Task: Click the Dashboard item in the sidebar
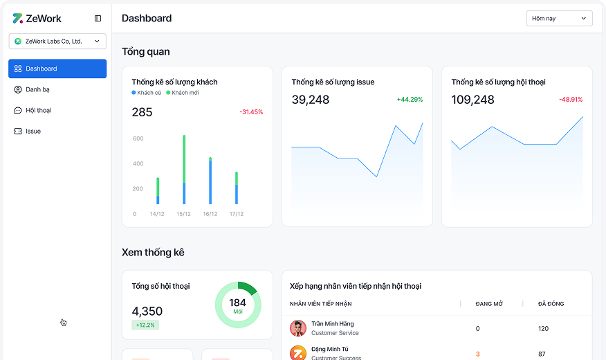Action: (57, 69)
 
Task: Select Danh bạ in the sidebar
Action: (37, 89)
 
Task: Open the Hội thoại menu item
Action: (38, 110)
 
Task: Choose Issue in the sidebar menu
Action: (33, 131)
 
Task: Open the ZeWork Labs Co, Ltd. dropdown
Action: (57, 42)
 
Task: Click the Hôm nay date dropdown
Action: (559, 19)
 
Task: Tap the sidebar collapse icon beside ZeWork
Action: (98, 19)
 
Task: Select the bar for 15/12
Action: (184, 170)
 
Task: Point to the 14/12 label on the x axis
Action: (157, 214)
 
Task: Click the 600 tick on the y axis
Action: (138, 139)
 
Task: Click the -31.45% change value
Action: (251, 112)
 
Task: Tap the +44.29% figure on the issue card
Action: (410, 100)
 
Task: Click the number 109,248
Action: (472, 100)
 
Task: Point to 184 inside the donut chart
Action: (237, 303)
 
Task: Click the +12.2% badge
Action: (145, 325)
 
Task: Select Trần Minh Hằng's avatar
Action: (298, 328)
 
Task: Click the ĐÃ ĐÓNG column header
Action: (552, 304)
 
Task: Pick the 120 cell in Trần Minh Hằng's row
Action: (543, 328)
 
